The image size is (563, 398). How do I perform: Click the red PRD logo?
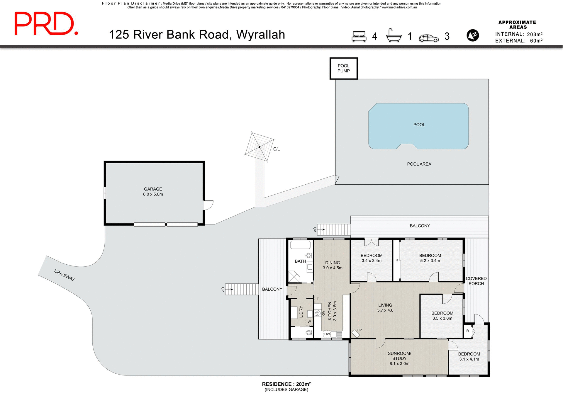coord(46,24)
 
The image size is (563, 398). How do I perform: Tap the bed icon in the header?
coord(359,37)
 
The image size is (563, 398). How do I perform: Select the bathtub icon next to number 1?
coord(394,36)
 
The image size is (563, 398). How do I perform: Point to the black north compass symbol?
coord(472,35)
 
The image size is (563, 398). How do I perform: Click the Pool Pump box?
coord(343,69)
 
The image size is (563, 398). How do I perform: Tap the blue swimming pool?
coord(418,126)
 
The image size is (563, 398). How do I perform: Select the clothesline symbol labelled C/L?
coord(260,147)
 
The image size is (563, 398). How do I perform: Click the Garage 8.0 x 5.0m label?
coord(153,192)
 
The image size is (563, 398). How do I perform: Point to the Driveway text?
coord(65,275)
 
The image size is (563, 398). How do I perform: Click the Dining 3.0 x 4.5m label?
coord(332,265)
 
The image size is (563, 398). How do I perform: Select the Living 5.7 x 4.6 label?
coord(385,307)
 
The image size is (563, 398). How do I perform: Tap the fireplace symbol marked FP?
coord(356,333)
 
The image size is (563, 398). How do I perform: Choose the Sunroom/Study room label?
coord(399,358)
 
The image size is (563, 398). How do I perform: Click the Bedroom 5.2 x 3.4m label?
coord(430,258)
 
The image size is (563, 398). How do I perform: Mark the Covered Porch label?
coord(476,281)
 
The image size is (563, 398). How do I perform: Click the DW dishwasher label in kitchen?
coord(327,334)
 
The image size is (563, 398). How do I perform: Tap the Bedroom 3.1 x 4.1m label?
coord(469,356)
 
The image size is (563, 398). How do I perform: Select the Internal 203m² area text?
coord(518,34)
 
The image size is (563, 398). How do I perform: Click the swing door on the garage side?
coord(208,205)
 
